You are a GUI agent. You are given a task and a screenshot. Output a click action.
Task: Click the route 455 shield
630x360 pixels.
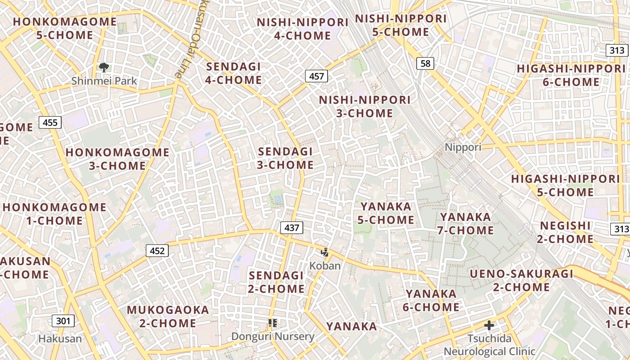(x=50, y=122)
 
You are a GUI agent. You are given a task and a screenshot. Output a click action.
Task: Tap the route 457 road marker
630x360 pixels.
(x=316, y=76)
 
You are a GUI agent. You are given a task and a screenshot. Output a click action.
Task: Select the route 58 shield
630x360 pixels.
(x=425, y=63)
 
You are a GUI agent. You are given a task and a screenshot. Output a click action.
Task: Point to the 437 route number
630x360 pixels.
(x=292, y=228)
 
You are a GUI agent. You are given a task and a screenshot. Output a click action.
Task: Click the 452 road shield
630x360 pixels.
(x=157, y=251)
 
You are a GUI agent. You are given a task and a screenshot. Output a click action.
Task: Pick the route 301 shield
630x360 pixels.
(x=63, y=321)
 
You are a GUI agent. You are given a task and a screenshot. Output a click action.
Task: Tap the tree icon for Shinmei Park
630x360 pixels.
(x=104, y=68)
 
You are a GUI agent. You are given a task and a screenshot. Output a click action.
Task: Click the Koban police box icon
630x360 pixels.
(x=324, y=252)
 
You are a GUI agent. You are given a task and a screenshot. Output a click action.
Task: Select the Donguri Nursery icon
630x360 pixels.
(x=272, y=323)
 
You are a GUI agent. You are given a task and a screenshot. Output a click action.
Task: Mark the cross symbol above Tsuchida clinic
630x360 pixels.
(x=489, y=325)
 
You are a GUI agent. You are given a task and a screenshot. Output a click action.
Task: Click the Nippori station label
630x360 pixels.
(x=463, y=147)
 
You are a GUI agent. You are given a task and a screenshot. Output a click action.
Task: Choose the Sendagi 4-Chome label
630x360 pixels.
(x=234, y=73)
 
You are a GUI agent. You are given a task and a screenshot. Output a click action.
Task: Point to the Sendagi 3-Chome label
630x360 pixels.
(x=285, y=158)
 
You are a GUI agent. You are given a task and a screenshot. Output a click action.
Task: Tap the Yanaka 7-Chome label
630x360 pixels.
(x=466, y=224)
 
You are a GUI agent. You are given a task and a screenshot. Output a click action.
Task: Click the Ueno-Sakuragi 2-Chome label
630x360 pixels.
(x=522, y=280)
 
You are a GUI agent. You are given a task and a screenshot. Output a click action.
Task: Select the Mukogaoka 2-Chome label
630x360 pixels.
(x=168, y=316)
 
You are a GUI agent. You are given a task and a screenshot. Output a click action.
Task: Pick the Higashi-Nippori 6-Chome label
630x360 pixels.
(x=571, y=75)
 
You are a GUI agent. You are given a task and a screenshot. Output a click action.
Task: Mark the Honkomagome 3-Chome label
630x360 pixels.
(x=117, y=159)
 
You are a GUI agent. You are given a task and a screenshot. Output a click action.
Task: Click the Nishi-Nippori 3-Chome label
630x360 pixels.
(x=365, y=106)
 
